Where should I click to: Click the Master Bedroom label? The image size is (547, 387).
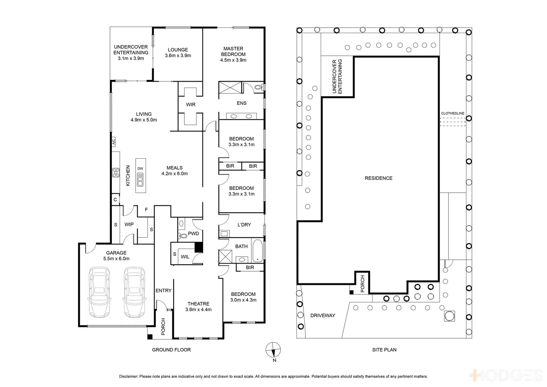pyautogui.click(x=233, y=54)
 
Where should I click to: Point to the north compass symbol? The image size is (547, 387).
pyautogui.click(x=273, y=350)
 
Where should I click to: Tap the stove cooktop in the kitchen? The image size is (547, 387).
pyautogui.click(x=116, y=172)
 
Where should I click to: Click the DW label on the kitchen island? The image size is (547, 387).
pyautogui.click(x=140, y=168)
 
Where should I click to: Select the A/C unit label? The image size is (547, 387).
pyautogui.click(x=114, y=141)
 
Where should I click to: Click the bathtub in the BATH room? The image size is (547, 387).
pyautogui.click(x=258, y=251)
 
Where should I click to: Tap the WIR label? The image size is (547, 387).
pyautogui.click(x=191, y=105)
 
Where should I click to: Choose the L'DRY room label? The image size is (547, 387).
pyautogui.click(x=244, y=225)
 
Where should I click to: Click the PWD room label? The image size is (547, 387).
pyautogui.click(x=194, y=233)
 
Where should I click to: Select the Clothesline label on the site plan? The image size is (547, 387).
pyautogui.click(x=453, y=113)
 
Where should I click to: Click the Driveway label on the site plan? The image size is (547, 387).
pyautogui.click(x=323, y=316)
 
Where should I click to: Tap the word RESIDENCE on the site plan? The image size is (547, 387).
pyautogui.click(x=378, y=178)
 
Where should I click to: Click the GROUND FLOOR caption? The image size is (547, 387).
pyautogui.click(x=171, y=350)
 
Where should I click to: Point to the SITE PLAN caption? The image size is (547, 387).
pyautogui.click(x=384, y=350)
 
